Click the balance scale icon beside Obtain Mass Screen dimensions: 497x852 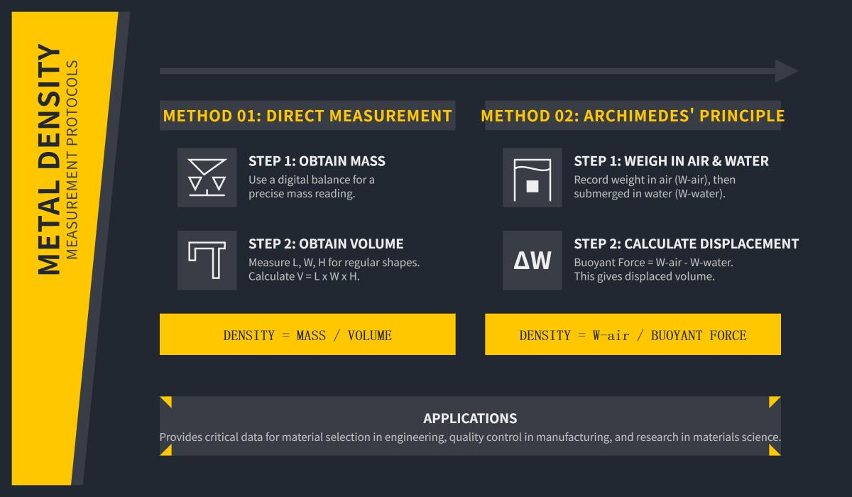pos(207,177)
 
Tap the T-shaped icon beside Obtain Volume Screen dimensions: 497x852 pos(207,260)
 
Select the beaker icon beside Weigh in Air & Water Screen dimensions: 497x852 pos(532,177)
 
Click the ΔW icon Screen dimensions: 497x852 pos(532,261)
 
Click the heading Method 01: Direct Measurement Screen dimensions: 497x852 pos(307,116)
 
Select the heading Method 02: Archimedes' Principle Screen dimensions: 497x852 pos(633,116)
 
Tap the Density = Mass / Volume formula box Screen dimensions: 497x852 pos(307,334)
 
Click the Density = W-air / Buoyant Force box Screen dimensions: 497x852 pos(633,334)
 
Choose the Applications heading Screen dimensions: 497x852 pos(470,418)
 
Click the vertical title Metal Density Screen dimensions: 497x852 pos(50,160)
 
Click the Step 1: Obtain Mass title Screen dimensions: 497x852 pos(317,161)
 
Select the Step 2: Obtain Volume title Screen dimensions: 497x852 pos(326,244)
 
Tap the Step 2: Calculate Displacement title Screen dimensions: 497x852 pos(686,244)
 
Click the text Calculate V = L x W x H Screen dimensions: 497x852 pos(304,276)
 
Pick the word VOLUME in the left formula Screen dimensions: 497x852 pos(369,335)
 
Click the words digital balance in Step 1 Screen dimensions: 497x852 pos(310,180)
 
